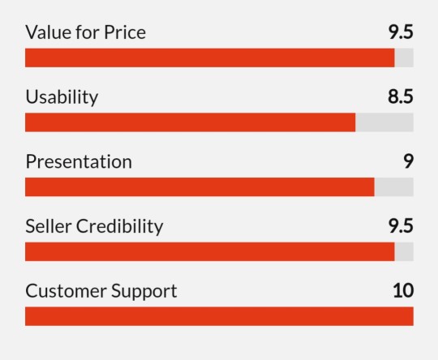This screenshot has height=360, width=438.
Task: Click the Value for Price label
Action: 85,32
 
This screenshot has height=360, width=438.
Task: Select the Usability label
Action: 62,97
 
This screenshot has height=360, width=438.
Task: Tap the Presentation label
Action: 79,162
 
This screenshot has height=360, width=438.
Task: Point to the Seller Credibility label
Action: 94,226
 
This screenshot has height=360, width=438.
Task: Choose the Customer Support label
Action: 101,291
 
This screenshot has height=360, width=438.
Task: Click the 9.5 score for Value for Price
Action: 401,32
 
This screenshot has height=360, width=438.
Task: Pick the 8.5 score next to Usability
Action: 401,96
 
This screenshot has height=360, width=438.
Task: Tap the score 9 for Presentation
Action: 408,161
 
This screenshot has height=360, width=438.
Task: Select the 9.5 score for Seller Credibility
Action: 401,226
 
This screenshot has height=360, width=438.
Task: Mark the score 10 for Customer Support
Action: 403,290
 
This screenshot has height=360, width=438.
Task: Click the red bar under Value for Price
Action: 210,58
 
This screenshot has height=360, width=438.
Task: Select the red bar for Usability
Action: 191,122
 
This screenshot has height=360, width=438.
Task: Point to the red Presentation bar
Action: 200,186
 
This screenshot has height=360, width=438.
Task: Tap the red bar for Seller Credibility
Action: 210,251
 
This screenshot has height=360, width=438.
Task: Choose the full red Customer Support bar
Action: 219,316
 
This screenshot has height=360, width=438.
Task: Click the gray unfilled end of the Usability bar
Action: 384,122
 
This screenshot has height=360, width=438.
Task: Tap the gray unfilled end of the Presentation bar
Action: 394,186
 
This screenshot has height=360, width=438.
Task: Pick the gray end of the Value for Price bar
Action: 404,58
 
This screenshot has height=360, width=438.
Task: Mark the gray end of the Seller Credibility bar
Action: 404,251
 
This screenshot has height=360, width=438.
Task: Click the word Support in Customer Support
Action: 144,292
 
